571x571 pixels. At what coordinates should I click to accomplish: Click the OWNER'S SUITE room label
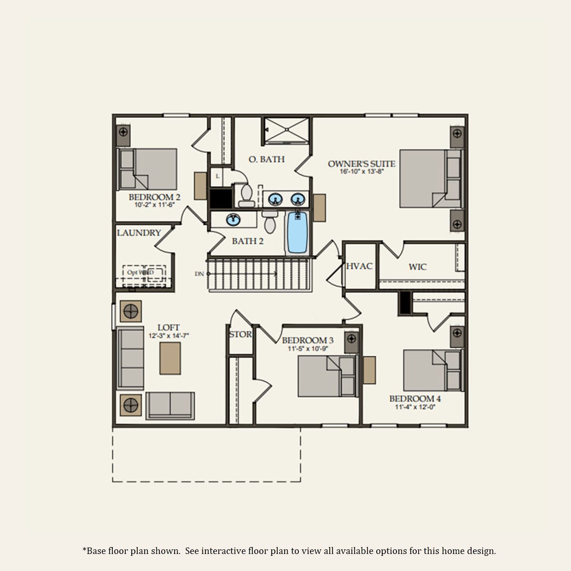pyautogui.click(x=361, y=163)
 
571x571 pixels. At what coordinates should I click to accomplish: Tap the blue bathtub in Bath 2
pyautogui.click(x=297, y=233)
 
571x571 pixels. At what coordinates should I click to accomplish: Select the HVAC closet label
pyautogui.click(x=359, y=266)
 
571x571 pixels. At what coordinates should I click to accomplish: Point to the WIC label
pyautogui.click(x=417, y=267)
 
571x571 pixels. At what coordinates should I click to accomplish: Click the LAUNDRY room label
pyautogui.click(x=139, y=233)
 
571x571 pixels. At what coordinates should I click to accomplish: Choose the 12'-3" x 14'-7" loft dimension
pyautogui.click(x=169, y=336)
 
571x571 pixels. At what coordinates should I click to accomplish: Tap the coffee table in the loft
pyautogui.click(x=170, y=358)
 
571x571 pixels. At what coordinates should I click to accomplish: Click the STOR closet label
pyautogui.click(x=240, y=334)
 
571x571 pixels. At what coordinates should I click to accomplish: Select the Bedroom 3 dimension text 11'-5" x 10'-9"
pyautogui.click(x=308, y=349)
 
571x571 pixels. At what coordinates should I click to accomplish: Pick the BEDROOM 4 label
pyautogui.click(x=415, y=398)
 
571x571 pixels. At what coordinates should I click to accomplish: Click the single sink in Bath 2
pyautogui.click(x=233, y=220)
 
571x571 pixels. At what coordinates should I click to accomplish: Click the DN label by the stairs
pyautogui.click(x=199, y=274)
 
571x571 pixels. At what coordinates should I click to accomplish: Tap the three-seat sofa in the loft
pyautogui.click(x=131, y=359)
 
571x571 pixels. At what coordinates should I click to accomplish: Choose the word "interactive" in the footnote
pyautogui.click(x=223, y=551)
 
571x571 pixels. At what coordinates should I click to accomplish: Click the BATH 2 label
pyautogui.click(x=247, y=241)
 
